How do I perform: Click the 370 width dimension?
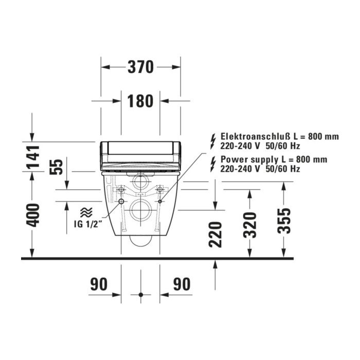tap(140, 67)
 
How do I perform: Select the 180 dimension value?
tap(140, 101)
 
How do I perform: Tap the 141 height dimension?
tap(32, 157)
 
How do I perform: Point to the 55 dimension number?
tap(56, 167)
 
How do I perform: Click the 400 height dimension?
tap(32, 215)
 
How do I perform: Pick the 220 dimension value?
tap(215, 235)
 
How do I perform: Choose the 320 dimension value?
tap(250, 225)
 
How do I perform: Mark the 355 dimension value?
tap(284, 221)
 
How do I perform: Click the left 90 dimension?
tap(99, 284)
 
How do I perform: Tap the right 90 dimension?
tap(182, 284)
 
